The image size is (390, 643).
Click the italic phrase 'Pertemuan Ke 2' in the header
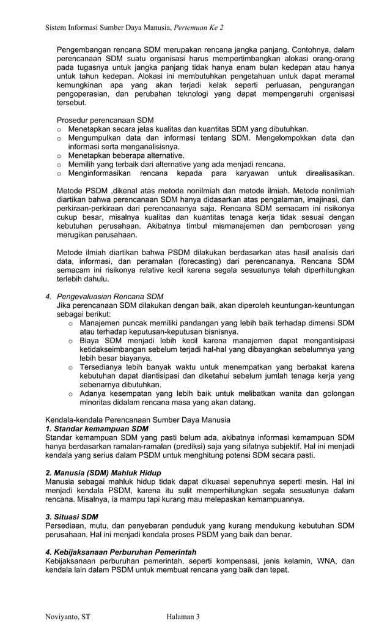(x=198, y=28)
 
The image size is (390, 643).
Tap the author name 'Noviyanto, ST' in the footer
(x=68, y=617)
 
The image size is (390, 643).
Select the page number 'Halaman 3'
(x=183, y=617)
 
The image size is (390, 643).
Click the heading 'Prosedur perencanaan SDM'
(x=105, y=120)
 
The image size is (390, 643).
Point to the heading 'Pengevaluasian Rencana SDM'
(x=109, y=296)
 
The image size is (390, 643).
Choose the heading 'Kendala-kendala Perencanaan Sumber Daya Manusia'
(x=138, y=420)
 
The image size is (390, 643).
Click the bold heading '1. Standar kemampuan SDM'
(x=97, y=429)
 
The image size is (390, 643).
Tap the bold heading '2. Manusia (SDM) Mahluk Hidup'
(x=103, y=473)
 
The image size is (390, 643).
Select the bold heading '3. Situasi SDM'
(x=72, y=517)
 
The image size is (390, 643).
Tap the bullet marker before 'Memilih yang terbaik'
(x=59, y=165)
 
